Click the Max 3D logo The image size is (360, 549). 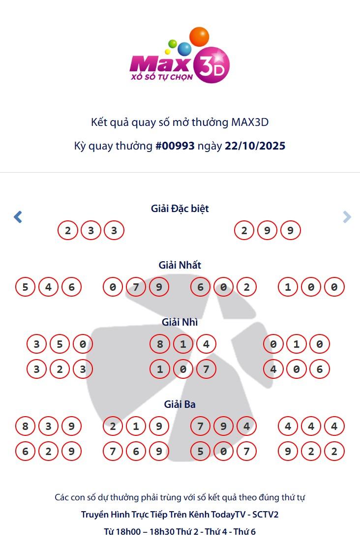click(180, 57)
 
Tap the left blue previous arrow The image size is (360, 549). click(18, 216)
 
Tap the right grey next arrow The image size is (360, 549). click(347, 216)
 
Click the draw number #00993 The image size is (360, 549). click(175, 146)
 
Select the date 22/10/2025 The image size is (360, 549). click(255, 146)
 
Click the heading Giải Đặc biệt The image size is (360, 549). click(180, 209)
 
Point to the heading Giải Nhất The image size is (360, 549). click(180, 265)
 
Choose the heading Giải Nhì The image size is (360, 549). click(180, 322)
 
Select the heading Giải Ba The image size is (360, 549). click(180, 404)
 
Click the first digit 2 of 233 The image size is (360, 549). click(68, 230)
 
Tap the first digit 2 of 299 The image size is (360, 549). click(244, 230)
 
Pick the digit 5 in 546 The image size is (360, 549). click(25, 287)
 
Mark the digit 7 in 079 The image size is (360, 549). click(136, 287)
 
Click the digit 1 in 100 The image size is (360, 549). click(288, 287)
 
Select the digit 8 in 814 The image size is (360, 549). click(160, 344)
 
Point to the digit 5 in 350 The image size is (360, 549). click(60, 344)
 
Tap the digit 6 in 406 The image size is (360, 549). click(320, 369)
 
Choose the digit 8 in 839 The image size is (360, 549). click(25, 426)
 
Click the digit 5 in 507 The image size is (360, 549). click(200, 451)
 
